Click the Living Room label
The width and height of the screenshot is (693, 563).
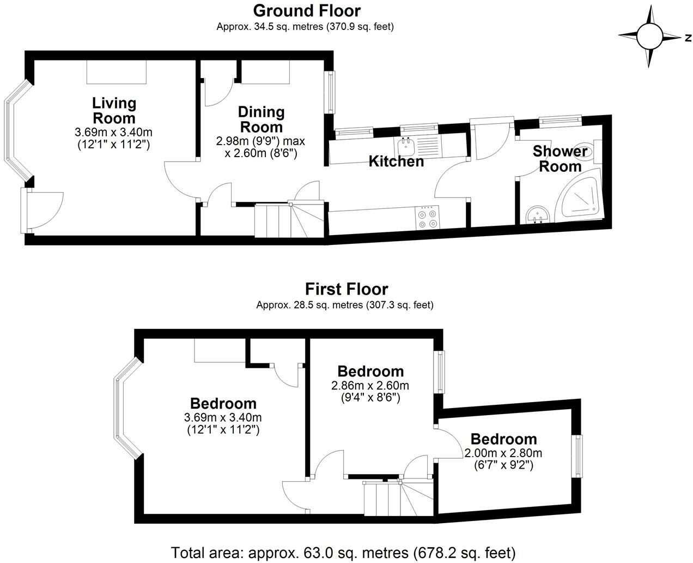coord(114,110)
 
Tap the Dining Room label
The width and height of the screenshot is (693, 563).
coord(262,119)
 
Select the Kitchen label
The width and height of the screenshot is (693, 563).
coord(396,161)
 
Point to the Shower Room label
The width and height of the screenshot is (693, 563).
coord(560,158)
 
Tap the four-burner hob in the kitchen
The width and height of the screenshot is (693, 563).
coord(427,218)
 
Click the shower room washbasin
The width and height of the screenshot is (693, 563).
coord(538,215)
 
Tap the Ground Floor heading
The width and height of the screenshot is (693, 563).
coord(307,10)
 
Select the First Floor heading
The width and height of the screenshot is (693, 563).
coord(346,289)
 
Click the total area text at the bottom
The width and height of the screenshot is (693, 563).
coord(343,552)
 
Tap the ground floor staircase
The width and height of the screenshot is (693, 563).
coord(289,220)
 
